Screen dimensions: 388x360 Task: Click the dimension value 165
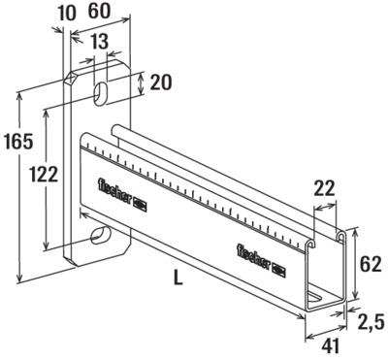pos(18,142)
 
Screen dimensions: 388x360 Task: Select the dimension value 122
pos(44,175)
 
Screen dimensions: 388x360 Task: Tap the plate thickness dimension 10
pos(66,14)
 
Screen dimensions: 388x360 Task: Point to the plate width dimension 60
pos(99,12)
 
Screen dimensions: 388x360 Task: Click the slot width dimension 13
pos(99,42)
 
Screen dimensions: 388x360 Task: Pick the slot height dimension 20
pos(161,82)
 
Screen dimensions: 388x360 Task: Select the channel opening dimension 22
pos(325,188)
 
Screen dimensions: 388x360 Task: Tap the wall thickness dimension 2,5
pos(371,322)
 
